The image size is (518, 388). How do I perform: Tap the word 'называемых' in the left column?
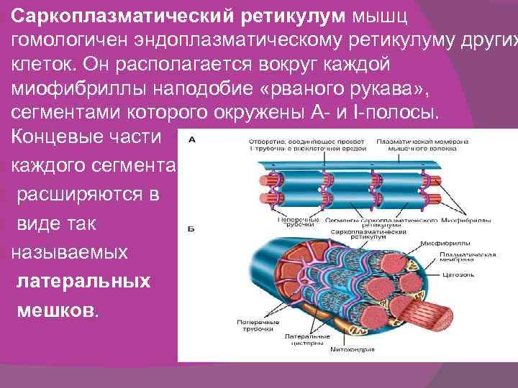[x=69, y=251]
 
